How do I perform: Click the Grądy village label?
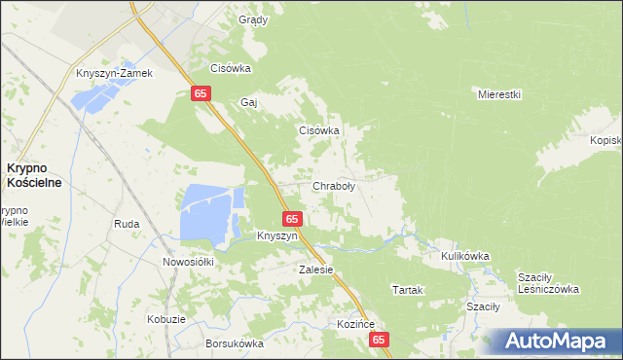tap(253, 19)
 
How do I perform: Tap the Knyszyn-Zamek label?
tap(116, 74)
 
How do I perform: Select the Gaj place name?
tap(248, 101)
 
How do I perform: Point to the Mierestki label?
tap(500, 94)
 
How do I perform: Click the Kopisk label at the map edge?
tap(605, 140)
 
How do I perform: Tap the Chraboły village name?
tap(333, 185)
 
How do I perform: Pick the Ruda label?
tap(127, 224)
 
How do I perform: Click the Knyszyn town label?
tap(276, 236)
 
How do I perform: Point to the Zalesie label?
tap(316, 270)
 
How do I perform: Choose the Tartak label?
tap(407, 290)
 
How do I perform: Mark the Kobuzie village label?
tap(166, 319)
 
